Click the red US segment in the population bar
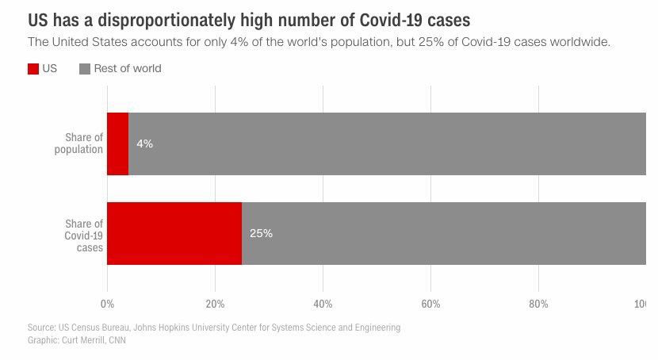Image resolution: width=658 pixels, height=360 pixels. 117,144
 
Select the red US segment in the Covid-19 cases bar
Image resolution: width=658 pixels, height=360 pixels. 174,233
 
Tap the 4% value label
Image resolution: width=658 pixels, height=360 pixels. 144,144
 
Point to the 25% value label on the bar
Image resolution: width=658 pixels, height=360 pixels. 261,234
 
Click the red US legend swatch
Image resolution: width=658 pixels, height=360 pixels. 33,69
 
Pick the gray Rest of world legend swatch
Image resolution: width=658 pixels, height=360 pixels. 85,69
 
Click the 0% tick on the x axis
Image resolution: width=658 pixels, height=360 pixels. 107,304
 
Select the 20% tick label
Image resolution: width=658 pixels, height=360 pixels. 215,304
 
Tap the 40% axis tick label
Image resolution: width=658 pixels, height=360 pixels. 323,304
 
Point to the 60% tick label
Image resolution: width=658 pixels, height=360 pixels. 430,304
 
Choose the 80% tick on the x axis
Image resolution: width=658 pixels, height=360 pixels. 538,304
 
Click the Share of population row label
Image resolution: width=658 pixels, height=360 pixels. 78,144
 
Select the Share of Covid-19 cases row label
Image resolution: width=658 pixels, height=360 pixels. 83,236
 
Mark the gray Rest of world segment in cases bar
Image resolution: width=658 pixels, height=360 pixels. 444,233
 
